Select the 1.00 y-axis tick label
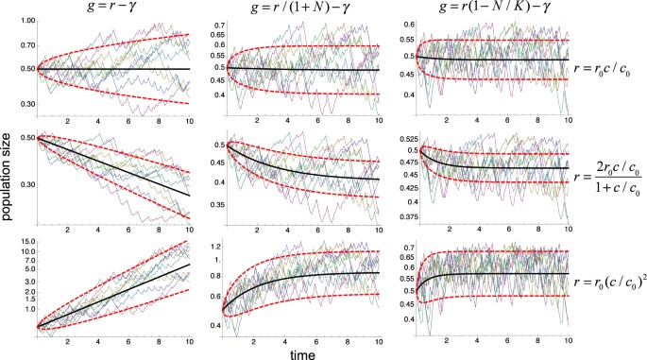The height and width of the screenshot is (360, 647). (x=26, y=20)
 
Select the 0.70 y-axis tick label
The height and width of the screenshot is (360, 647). (x=26, y=44)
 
